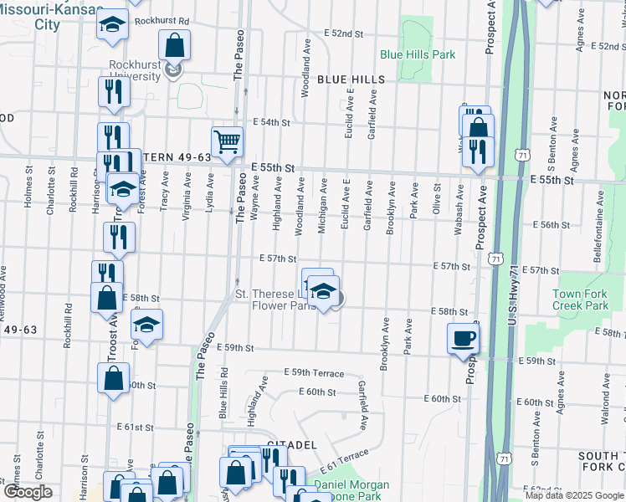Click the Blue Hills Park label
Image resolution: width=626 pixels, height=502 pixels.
click(417, 54)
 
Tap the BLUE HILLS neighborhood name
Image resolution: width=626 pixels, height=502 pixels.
click(351, 79)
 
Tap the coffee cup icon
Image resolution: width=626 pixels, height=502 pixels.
click(463, 339)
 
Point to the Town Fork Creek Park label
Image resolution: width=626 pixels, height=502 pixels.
click(580, 300)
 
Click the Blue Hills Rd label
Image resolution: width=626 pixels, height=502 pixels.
click(223, 393)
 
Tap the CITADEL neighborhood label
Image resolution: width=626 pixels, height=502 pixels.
click(291, 445)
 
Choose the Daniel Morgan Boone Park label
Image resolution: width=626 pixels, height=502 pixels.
click(351, 490)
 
